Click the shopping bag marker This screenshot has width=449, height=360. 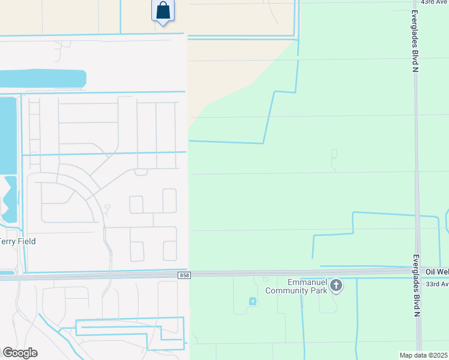pos(163,11)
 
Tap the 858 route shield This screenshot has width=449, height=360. pos(185,275)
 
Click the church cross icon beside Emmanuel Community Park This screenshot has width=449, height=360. pos(336,286)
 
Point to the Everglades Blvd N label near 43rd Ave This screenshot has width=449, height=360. pos(414,41)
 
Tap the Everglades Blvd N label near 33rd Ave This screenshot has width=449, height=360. pos(415,286)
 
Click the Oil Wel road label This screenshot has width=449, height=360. pos(437,272)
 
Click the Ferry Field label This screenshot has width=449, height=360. pos(18,241)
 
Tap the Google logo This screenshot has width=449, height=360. pos(20,353)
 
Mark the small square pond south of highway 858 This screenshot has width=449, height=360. pos(252,301)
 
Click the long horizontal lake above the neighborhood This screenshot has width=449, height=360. pos(42,79)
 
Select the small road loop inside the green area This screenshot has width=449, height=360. pos(334,154)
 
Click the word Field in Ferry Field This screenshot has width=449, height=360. pos(26,241)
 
